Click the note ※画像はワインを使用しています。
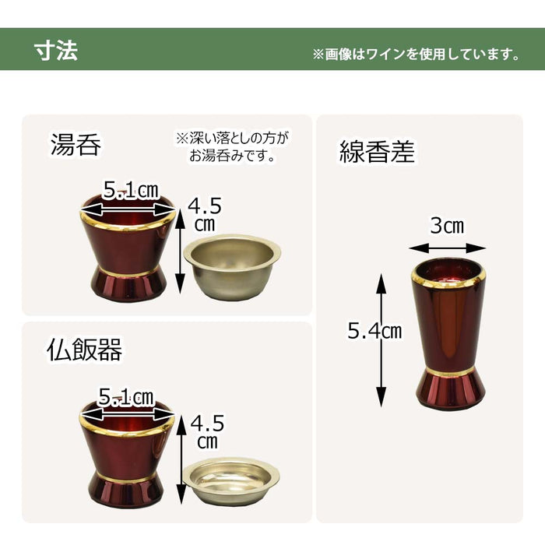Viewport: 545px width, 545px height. (417, 54)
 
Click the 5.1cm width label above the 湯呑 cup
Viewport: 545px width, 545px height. (129, 189)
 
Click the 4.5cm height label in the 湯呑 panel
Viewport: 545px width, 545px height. (206, 214)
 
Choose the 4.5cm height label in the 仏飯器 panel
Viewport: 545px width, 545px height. (206, 432)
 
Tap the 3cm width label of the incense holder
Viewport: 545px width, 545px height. (447, 227)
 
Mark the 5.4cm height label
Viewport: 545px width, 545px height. (374, 332)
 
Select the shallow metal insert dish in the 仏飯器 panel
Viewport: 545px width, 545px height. (230, 480)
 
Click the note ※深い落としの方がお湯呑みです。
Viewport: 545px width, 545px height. (231, 146)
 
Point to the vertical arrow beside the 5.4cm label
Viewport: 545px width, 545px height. (381, 339)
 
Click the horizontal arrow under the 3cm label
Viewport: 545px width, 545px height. (447, 248)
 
